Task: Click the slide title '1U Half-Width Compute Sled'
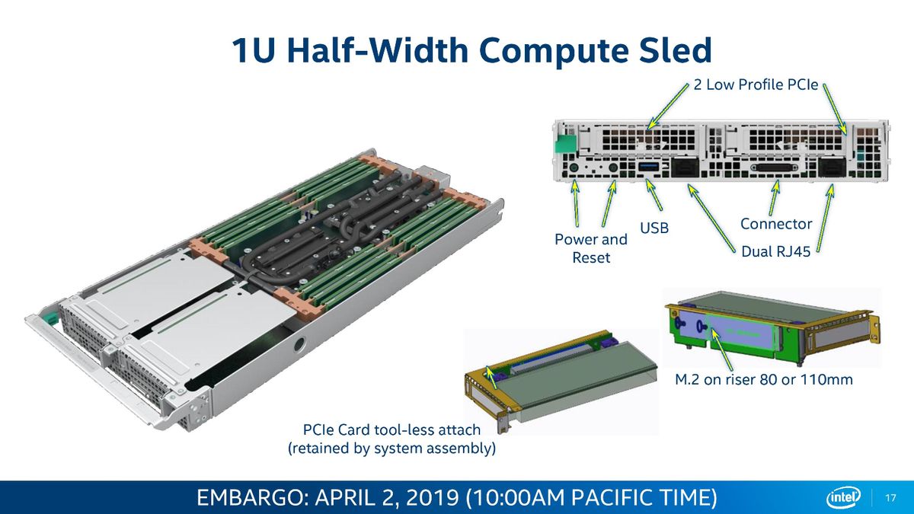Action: click(471, 50)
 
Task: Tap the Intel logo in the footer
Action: click(843, 498)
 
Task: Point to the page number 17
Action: click(890, 498)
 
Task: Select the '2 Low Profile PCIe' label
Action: click(756, 85)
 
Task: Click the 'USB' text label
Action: click(654, 228)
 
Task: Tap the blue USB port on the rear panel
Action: click(649, 167)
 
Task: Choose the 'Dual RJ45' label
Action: click(775, 252)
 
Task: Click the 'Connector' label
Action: click(776, 224)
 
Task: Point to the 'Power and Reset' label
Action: click(591, 248)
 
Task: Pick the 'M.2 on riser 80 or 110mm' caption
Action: click(764, 380)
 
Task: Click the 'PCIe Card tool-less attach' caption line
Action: click(391, 430)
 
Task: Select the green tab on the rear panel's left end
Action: click(564, 143)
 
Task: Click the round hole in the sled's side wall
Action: click(300, 346)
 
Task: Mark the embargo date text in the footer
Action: click(456, 498)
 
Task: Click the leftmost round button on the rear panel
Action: click(573, 168)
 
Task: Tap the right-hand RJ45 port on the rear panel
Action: click(832, 168)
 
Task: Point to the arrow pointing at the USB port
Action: click(654, 196)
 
